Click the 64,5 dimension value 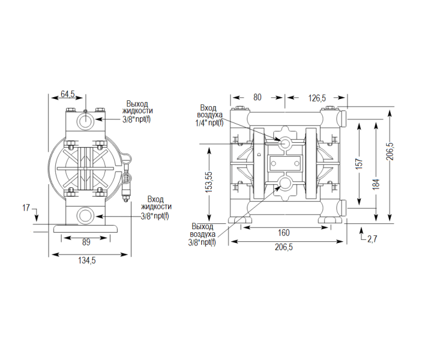(x=67, y=94)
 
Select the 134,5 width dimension (x=87, y=260)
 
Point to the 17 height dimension (x=26, y=208)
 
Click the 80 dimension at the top (x=257, y=97)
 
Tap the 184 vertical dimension (x=376, y=184)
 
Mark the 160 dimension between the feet (x=284, y=232)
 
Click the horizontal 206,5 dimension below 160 (x=284, y=247)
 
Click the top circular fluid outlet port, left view (x=85, y=122)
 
